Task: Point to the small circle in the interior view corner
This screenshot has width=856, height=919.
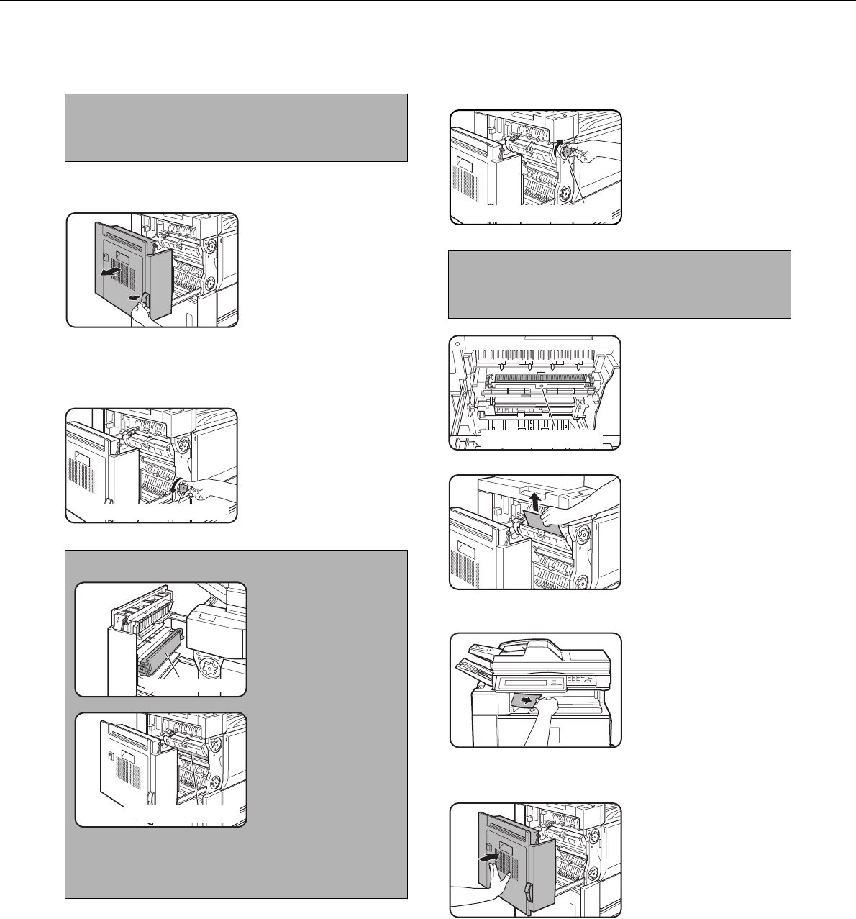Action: pyautogui.click(x=458, y=343)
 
